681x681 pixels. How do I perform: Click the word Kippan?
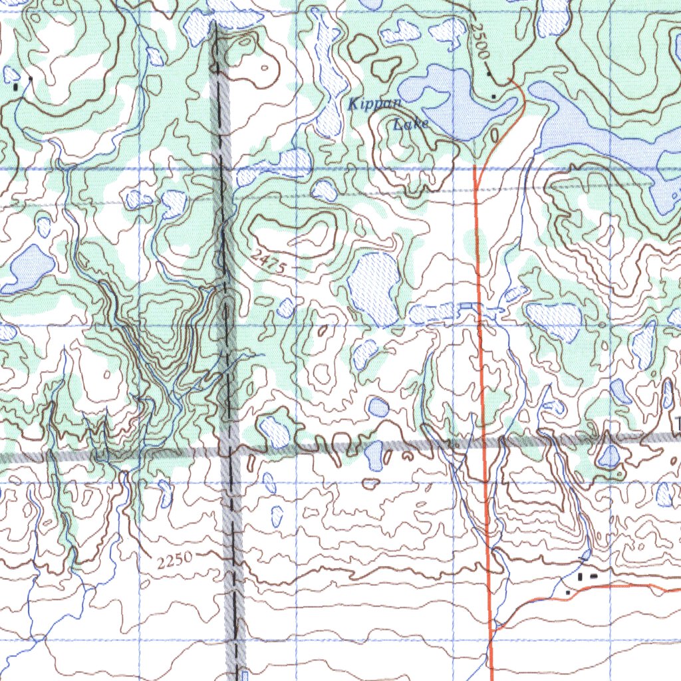(x=375, y=104)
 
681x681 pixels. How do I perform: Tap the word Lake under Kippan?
(x=410, y=124)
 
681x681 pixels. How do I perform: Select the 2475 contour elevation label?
(x=270, y=261)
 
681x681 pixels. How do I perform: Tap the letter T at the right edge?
(x=677, y=423)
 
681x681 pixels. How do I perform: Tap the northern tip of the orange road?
(x=511, y=80)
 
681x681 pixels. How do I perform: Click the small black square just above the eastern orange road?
(x=567, y=591)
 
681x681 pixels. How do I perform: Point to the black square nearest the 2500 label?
(x=490, y=74)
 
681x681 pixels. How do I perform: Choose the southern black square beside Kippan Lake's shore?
(x=493, y=97)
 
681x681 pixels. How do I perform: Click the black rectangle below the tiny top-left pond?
(x=16, y=86)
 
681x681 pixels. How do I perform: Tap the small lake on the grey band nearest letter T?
(x=609, y=456)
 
